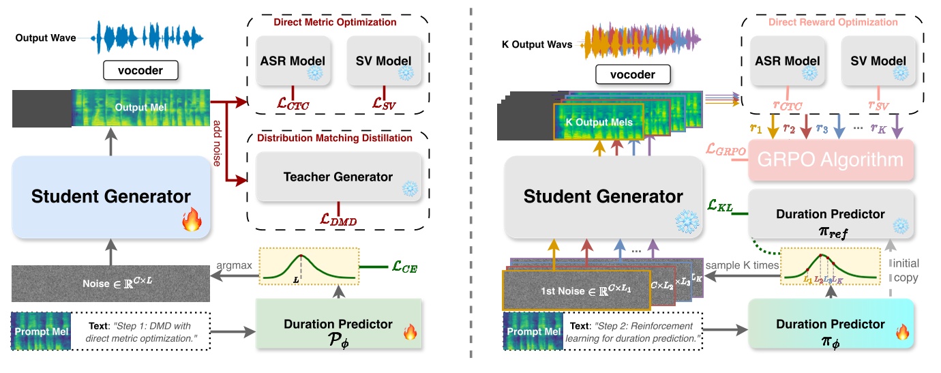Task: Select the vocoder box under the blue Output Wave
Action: (141, 70)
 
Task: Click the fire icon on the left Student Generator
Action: (191, 221)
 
